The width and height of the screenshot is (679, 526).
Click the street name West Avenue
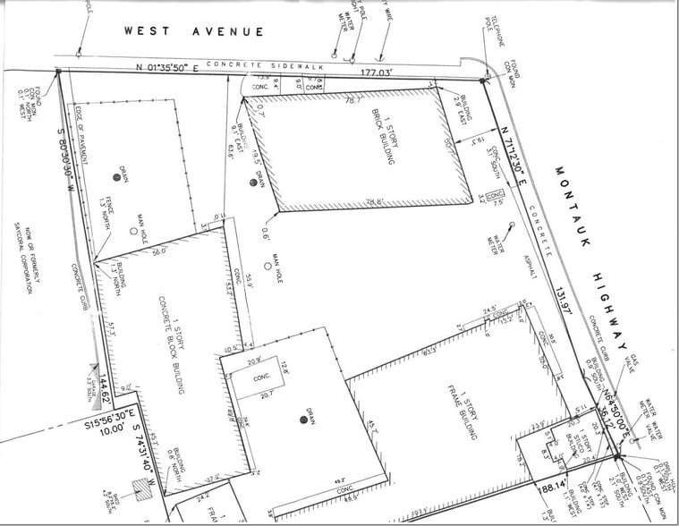(x=194, y=32)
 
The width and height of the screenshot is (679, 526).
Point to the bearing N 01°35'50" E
(x=171, y=67)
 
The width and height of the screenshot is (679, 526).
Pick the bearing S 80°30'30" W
(x=61, y=135)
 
